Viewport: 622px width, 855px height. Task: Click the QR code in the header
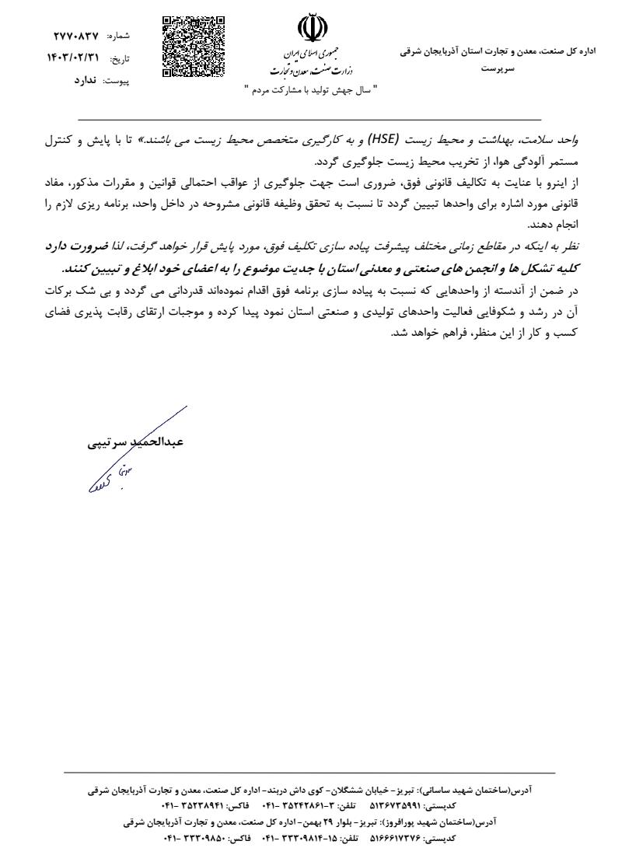point(194,47)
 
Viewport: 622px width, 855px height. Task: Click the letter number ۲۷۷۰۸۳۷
point(75,36)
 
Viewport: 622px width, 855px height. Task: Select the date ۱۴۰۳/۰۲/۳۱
point(75,58)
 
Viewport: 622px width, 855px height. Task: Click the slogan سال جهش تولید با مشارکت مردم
point(309,89)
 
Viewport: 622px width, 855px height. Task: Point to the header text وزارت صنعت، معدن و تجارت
point(309,71)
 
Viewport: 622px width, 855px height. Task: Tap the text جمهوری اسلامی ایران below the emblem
point(309,57)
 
